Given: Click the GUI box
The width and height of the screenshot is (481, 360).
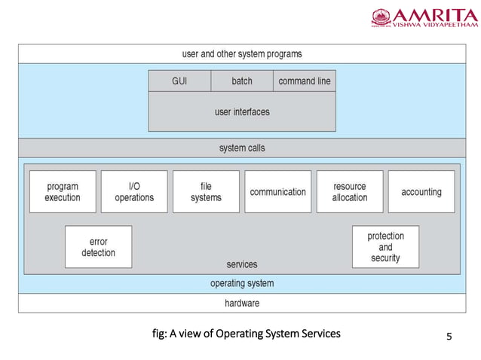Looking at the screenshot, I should coord(179,81).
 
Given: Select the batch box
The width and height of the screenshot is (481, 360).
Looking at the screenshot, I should coord(241,81).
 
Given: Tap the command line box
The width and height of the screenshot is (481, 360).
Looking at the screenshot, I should coord(304,81).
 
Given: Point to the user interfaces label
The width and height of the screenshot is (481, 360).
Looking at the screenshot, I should coord(241,111).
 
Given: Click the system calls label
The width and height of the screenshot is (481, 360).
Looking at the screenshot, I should coord(241,148).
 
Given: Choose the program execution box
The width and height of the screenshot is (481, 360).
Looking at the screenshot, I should coord(63,192).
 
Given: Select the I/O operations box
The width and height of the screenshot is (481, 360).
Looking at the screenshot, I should coord(134,192).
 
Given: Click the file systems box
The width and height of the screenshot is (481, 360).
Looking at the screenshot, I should coord(206,192).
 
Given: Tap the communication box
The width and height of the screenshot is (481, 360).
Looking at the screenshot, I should coord(277,192).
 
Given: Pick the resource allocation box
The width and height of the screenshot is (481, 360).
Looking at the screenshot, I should coord(350,192).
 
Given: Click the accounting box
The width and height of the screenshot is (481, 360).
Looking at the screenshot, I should coord(421,192).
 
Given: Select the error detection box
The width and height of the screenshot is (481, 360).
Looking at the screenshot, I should coord(98,247).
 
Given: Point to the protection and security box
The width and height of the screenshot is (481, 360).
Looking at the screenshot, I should coord(385,247).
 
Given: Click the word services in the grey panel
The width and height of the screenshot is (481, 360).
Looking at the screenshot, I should coord(241,264).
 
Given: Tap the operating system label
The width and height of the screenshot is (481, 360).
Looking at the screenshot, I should coord(241,284).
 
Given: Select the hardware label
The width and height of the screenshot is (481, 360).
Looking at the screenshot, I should coord(241,303).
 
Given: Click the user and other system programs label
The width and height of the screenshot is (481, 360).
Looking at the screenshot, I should coord(241,53).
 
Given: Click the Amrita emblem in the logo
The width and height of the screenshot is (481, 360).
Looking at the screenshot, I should coord(381,18).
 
